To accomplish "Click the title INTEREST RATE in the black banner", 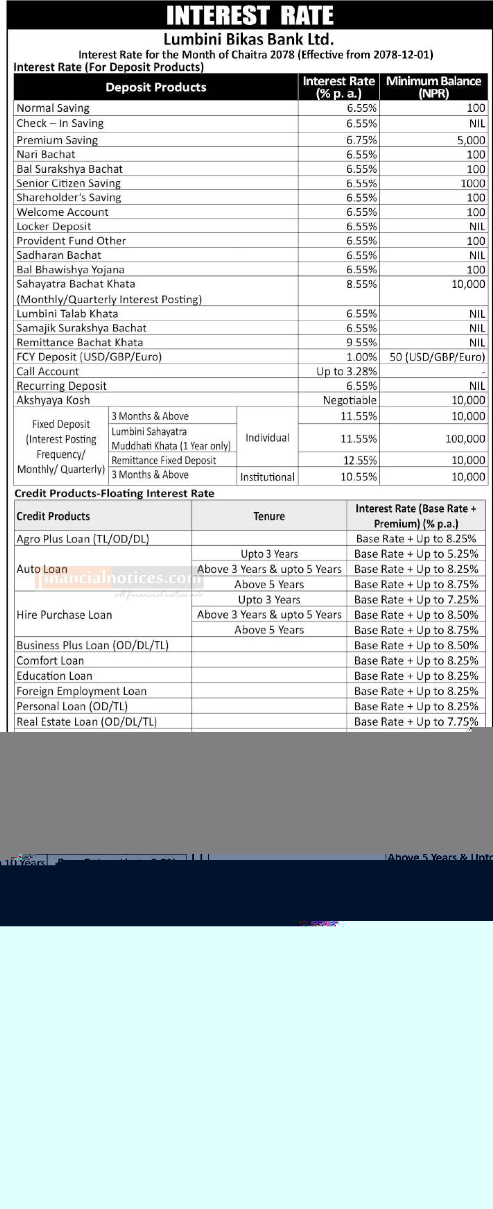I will (x=250, y=16).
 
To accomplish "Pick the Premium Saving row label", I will (x=57, y=140).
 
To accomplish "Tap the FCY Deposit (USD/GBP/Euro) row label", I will (x=89, y=357).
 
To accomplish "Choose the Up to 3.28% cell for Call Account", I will (x=346, y=371).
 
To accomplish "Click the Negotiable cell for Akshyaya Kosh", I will (x=349, y=400).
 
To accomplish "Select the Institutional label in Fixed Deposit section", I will (x=267, y=477).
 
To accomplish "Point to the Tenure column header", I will (x=269, y=516).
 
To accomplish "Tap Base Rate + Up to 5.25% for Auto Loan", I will (x=416, y=554).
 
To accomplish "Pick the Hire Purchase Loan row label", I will (x=64, y=615).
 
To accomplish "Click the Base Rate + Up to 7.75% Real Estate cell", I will (x=416, y=722).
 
